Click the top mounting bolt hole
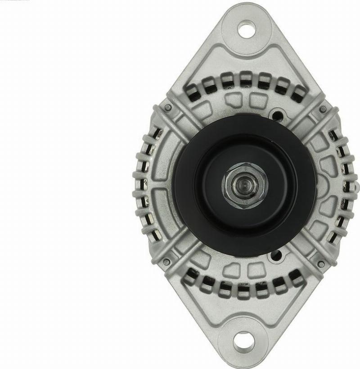pos(246,29)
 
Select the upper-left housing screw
pos(167,107)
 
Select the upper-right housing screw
pos(323,109)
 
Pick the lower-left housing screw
pos(166,262)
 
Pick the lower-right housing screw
pos(321,264)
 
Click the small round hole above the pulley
pos(278,115)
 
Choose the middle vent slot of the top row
pos(246,80)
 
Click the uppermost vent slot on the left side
pos(158,132)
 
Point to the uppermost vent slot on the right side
pos(333,135)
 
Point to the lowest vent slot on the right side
pos(333,237)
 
